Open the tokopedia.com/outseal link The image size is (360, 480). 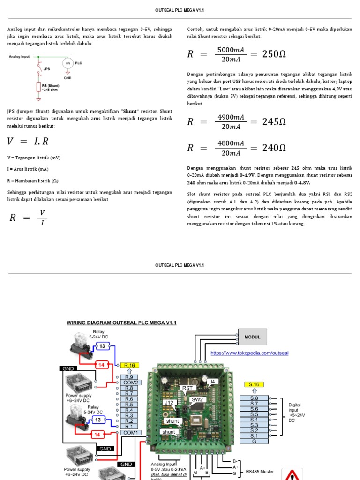(249, 353)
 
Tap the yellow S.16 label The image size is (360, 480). (254, 384)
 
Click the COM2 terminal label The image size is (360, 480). (131, 382)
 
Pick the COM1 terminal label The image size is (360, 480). (131, 432)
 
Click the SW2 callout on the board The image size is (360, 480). (197, 400)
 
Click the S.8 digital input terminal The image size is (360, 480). (254, 398)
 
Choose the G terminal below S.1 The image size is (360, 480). (254, 441)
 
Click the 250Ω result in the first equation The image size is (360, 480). (274, 54)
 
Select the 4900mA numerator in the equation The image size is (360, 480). (231, 117)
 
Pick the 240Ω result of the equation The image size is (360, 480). (274, 148)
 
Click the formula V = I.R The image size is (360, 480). (29, 142)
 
